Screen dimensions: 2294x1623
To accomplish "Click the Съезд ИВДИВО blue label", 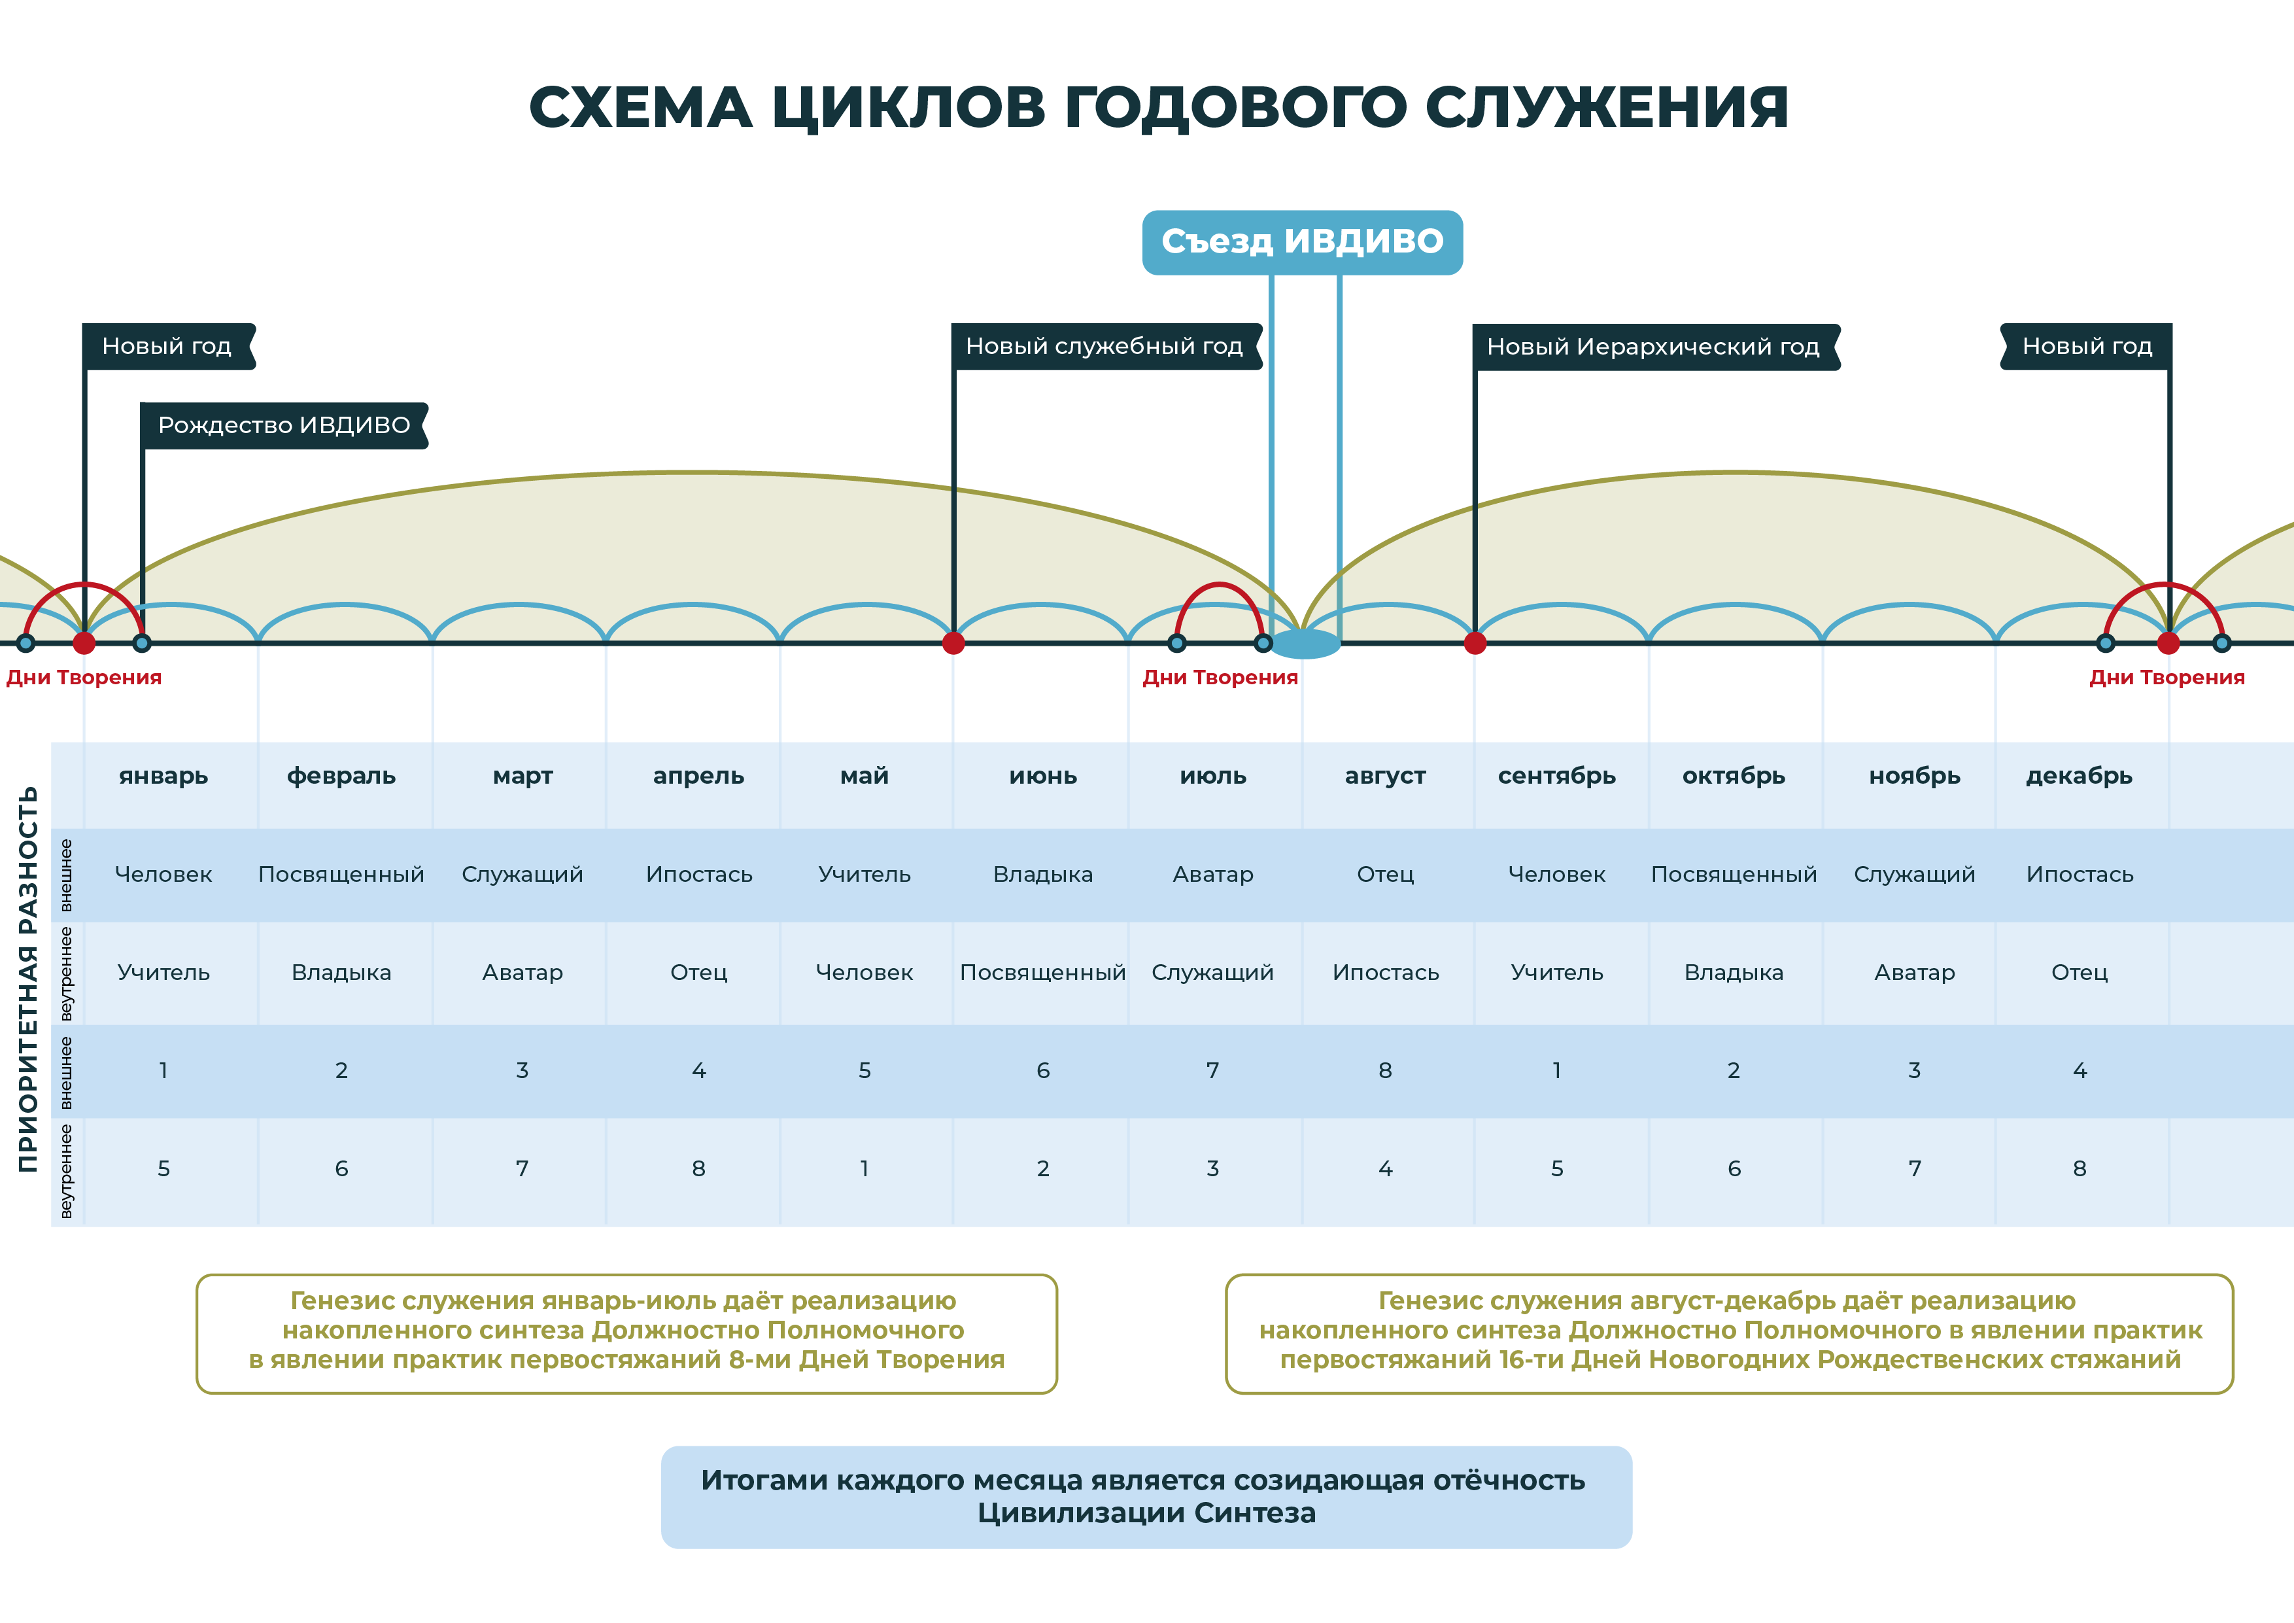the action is click(x=1302, y=242).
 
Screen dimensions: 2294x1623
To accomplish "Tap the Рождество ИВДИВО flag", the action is click(x=284, y=426).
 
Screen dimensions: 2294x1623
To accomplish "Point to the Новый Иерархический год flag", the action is click(x=1656, y=347).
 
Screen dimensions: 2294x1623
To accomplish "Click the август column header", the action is click(x=1385, y=776).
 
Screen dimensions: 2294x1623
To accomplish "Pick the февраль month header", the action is click(x=342, y=776).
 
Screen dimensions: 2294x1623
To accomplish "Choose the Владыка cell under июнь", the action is click(x=1043, y=875).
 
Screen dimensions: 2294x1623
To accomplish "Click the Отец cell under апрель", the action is click(x=698, y=972).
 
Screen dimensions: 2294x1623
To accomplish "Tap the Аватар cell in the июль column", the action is click(x=1213, y=875).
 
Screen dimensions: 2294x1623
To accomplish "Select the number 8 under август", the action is click(x=1385, y=1070).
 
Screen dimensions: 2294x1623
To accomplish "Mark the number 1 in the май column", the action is click(x=865, y=1168).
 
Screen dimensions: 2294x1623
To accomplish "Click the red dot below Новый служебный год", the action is click(x=953, y=642).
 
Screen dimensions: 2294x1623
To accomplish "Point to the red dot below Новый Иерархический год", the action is click(x=1475, y=642).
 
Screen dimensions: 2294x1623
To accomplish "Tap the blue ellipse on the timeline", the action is click(x=1304, y=644).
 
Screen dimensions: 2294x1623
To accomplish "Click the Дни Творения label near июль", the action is click(x=1220, y=678).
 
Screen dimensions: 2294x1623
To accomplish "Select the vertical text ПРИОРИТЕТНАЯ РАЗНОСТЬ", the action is click(x=28, y=979).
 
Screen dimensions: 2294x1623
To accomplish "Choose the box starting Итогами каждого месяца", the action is click(x=1146, y=1497).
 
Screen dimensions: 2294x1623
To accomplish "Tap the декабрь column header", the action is click(x=2080, y=776).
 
